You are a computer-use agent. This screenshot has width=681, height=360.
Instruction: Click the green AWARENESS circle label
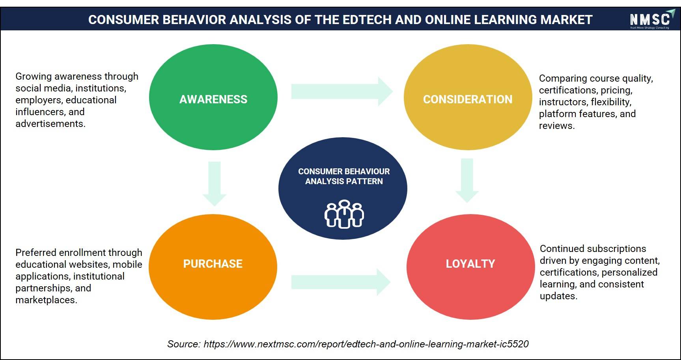click(213, 99)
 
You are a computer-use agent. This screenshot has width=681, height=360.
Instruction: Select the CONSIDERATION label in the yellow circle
click(468, 99)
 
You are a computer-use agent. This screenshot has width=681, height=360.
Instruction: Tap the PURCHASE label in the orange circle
click(213, 264)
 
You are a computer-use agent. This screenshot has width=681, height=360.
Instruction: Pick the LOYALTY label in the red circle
click(470, 264)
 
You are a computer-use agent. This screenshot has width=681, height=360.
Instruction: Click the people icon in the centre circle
click(344, 214)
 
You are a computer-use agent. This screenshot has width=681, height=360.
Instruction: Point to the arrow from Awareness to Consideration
click(342, 91)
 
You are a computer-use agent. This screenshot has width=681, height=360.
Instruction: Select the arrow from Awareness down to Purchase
click(214, 184)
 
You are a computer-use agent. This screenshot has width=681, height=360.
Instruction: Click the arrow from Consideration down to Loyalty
click(467, 181)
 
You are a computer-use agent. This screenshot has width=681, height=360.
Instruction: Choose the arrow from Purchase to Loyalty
click(341, 282)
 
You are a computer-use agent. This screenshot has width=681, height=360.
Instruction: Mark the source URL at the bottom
click(366, 344)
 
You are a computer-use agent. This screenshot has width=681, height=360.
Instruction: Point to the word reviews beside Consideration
click(556, 126)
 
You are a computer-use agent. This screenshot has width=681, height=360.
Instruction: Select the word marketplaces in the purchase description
click(45, 300)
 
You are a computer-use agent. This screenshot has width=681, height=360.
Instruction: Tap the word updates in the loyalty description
click(558, 296)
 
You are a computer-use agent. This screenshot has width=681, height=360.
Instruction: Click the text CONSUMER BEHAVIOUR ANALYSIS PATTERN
click(344, 176)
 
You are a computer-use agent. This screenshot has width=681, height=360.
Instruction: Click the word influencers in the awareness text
click(39, 112)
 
